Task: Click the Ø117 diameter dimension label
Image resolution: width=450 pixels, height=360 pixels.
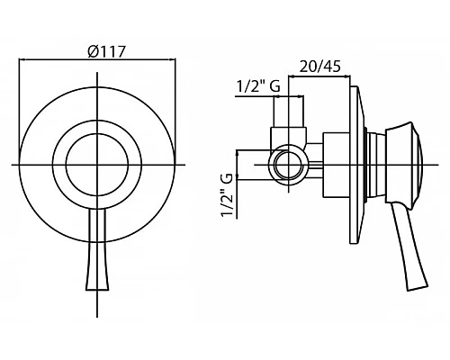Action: (x=106, y=51)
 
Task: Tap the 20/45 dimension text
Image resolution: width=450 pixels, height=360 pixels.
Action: (x=320, y=67)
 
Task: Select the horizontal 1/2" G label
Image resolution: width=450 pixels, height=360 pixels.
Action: (x=258, y=86)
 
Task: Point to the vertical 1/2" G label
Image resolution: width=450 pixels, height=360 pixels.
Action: (x=227, y=195)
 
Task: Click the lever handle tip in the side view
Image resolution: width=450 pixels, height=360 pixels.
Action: (x=418, y=287)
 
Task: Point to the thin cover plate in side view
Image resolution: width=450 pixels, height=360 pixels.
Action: (x=357, y=165)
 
